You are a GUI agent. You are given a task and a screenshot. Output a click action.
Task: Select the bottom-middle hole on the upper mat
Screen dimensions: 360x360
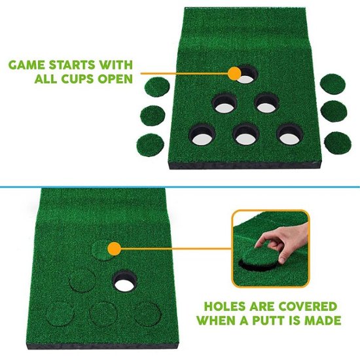(245, 134)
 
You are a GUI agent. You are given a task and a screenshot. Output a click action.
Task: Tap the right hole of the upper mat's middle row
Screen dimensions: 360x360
(268, 103)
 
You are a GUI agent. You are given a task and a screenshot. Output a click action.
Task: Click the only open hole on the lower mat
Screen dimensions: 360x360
(124, 281)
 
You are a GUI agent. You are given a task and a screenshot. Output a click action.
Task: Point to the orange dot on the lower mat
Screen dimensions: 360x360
(115, 248)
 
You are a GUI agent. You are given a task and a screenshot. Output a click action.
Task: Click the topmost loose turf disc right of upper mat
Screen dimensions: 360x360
(334, 84)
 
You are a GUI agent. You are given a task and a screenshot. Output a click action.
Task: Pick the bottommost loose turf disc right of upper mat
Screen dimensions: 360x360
(336, 141)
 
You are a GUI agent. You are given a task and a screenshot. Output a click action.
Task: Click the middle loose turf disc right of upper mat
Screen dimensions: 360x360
(336, 111)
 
